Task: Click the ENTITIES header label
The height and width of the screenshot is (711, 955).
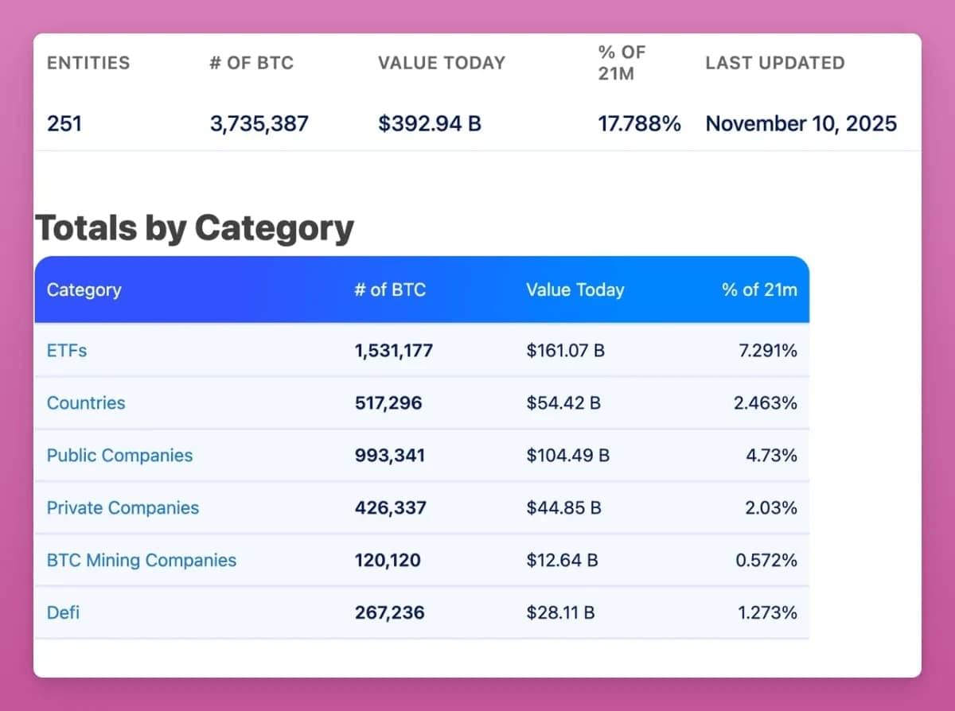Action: coord(88,63)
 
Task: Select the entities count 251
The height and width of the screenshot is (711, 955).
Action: coord(64,124)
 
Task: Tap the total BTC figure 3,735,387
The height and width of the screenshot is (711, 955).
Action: coord(259,124)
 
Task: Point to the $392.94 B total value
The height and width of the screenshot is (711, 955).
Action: coord(430,124)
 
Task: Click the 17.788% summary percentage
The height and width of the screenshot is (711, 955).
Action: coord(639,124)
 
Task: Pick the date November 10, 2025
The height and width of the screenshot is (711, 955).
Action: coord(801,124)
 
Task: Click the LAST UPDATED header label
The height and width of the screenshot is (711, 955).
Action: coord(774,63)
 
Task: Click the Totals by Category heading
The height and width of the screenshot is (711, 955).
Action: coord(194,228)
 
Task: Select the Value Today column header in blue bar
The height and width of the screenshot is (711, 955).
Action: coord(575,290)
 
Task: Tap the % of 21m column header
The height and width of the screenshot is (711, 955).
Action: coord(759,290)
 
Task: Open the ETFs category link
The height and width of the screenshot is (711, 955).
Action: coord(67,350)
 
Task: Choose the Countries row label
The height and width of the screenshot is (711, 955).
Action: coord(86,403)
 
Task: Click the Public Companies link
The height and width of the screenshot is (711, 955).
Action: coord(119,456)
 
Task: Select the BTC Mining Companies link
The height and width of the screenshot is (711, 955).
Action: coord(142,561)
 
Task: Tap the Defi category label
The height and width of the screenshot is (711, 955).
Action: coord(63,613)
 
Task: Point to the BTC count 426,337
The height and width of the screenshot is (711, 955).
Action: coord(390,508)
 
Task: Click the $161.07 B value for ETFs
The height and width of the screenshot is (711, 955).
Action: coord(565,350)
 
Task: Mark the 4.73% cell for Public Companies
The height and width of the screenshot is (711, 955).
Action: coord(771,456)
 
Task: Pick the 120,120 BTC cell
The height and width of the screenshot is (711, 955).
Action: coord(388,561)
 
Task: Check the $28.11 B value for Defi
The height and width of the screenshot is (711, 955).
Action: coord(560,613)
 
